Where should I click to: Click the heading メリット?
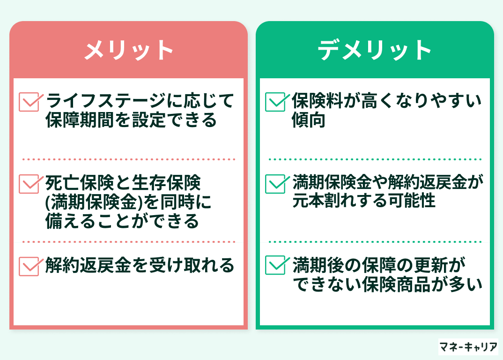click(128, 51)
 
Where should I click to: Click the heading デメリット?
click(374, 51)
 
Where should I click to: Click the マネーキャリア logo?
click(468, 347)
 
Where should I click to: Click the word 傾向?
click(308, 120)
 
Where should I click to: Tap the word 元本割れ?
click(324, 201)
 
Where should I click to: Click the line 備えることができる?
click(122, 221)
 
